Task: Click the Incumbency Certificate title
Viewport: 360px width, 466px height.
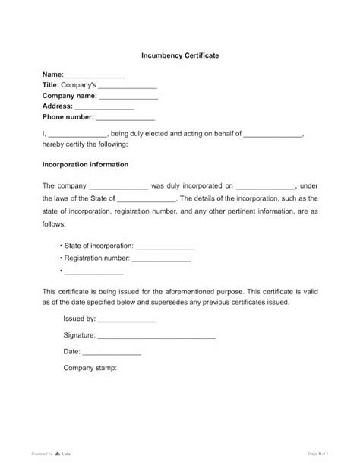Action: coord(179,55)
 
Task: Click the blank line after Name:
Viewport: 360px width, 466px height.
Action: coord(94,75)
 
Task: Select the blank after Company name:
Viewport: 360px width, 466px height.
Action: coord(128,97)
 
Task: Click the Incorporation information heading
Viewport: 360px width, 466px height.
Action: coord(85,164)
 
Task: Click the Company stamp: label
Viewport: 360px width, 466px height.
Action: coord(90,369)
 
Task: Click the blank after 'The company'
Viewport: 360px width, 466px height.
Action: coord(119,185)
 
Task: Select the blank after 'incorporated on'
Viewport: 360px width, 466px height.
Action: coord(266,185)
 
